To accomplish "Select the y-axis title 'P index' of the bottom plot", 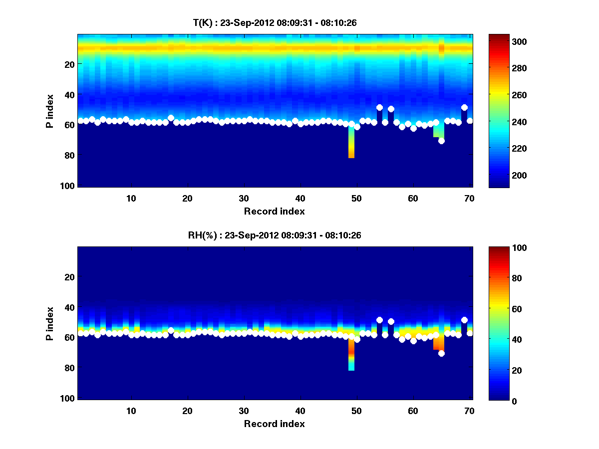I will pos(50,323).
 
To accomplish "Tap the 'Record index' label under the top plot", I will pos(274,211).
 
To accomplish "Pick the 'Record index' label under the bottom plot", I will pos(274,424).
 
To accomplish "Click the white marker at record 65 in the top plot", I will pos(441,141).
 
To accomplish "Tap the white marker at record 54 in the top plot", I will pos(379,107).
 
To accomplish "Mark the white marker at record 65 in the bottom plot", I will pos(441,353).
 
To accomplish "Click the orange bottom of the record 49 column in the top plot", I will pos(351,156).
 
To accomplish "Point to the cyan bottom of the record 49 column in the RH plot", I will pos(351,368).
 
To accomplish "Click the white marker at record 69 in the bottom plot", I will pos(464,320).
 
